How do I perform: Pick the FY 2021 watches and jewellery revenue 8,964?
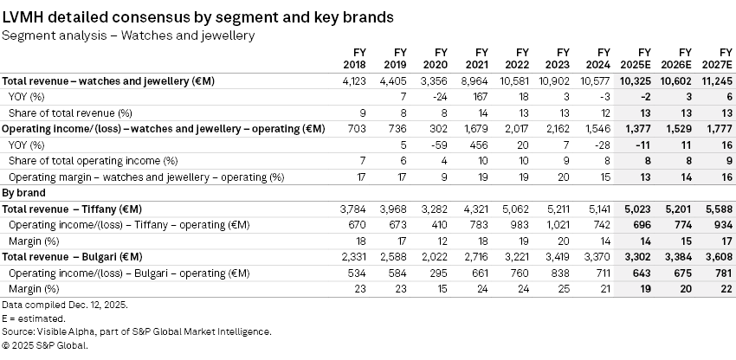point(479,80)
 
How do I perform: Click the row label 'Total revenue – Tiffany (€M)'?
point(72,209)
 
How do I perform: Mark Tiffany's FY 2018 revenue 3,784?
point(355,209)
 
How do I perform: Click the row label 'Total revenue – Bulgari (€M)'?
point(72,257)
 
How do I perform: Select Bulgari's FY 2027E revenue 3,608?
point(718,257)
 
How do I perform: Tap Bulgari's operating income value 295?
point(442,273)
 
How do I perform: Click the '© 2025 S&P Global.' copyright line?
point(45,344)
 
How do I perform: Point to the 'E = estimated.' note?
point(33,318)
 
